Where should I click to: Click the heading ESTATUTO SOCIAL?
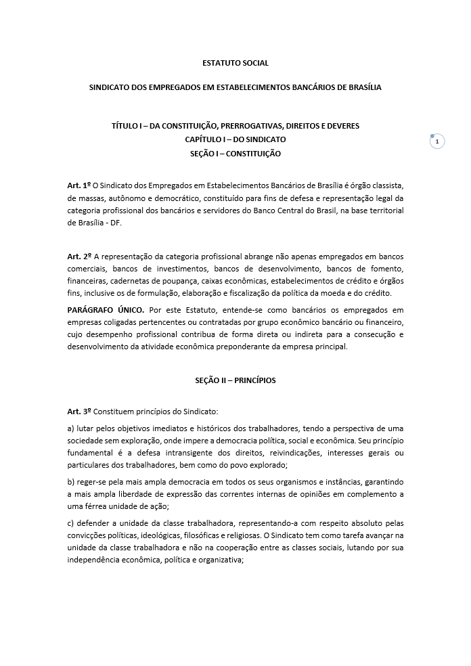pos(235,63)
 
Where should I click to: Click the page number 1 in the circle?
pos(437,141)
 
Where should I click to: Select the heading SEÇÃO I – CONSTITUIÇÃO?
pos(235,154)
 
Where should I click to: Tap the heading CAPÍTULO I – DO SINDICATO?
pos(235,139)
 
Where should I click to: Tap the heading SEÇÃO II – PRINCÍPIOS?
pos(235,380)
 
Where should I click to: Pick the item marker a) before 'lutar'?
pos(71,428)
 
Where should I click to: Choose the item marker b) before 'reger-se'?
pos(71,482)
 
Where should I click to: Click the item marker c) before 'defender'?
pos(71,523)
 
